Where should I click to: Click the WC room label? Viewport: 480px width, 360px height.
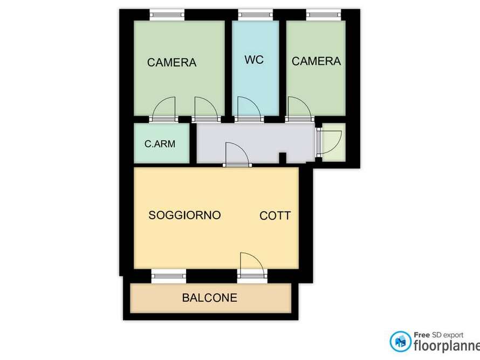tap(254, 60)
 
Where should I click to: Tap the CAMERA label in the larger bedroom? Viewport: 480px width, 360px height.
tap(172, 63)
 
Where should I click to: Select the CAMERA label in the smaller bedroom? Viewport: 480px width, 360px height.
tap(316, 62)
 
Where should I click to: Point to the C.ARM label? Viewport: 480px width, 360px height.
tap(160, 144)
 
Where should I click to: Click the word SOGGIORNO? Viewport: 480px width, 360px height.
tap(184, 215)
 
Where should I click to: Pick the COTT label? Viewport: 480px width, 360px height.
tap(275, 216)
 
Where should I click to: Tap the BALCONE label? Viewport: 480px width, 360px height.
tap(209, 297)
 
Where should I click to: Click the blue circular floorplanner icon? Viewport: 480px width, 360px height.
tap(400, 341)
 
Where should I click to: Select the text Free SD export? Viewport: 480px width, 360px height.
tap(438, 335)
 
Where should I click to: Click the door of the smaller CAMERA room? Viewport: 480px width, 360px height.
tap(299, 108)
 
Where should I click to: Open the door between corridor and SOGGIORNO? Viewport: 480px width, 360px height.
tap(236, 154)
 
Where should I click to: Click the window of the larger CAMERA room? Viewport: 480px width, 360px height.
tap(167, 15)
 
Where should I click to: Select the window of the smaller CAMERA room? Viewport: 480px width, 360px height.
tap(324, 15)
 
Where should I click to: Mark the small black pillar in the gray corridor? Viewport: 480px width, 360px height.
tap(282, 158)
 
